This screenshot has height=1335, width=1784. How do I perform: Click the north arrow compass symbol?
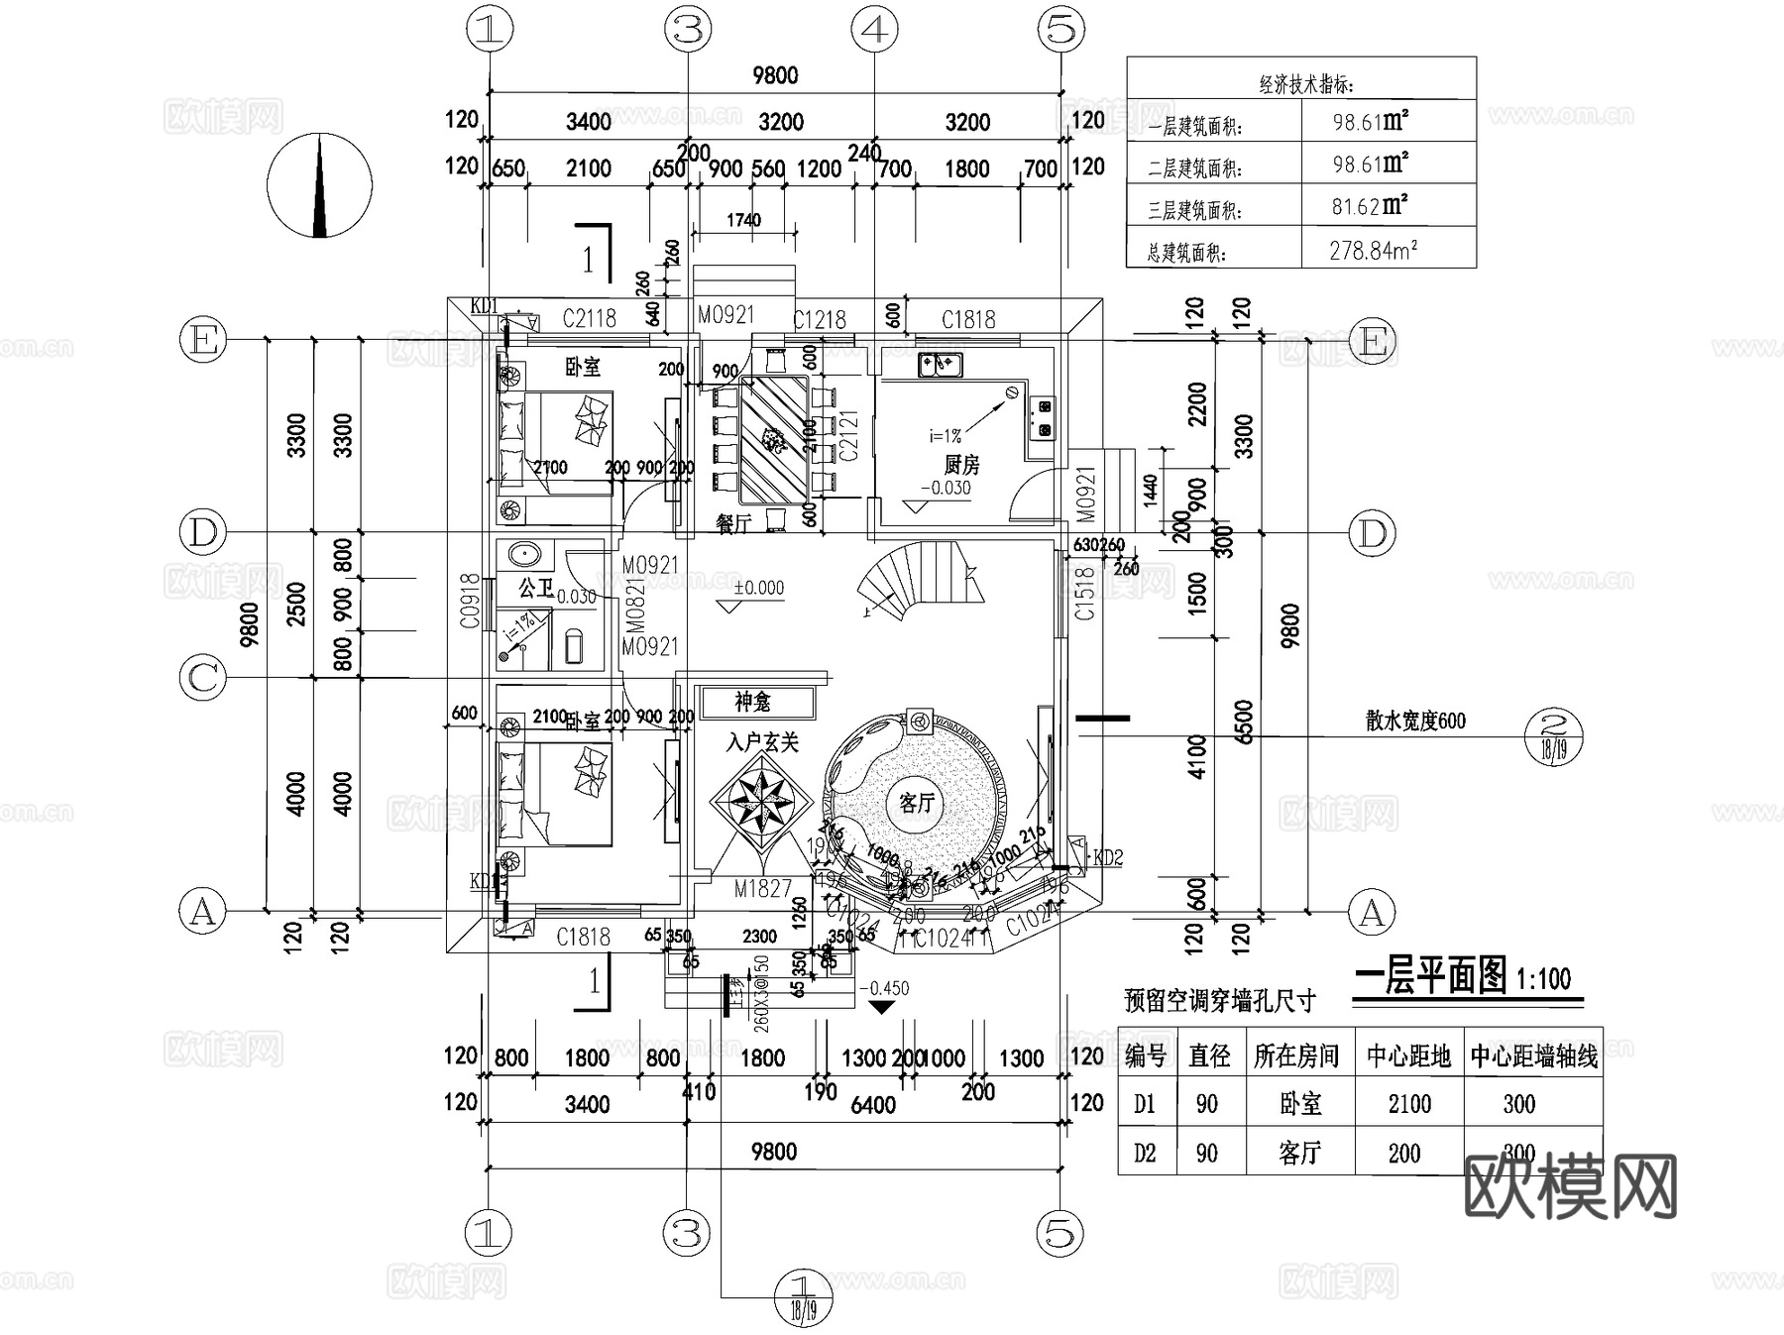point(319,186)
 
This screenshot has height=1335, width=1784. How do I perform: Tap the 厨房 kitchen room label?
point(960,464)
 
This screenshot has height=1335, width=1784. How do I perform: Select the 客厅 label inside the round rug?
point(917,802)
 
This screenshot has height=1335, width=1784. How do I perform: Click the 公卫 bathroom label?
point(535,589)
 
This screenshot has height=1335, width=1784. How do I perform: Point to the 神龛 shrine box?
point(755,702)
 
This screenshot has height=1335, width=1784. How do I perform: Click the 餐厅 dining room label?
point(733,523)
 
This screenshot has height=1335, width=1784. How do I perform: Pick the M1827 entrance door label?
point(762,889)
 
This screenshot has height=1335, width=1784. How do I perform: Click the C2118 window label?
point(589,318)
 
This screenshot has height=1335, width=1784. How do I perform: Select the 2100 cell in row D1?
point(1408,1103)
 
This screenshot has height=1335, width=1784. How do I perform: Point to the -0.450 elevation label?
point(883,988)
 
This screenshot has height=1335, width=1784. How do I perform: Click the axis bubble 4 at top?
point(873,29)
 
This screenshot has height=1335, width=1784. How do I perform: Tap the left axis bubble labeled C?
point(202,679)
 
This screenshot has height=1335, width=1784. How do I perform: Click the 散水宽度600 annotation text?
point(1414,722)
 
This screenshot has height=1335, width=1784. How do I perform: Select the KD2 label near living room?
point(1107,857)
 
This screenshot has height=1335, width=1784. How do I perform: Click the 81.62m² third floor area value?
point(1370,207)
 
